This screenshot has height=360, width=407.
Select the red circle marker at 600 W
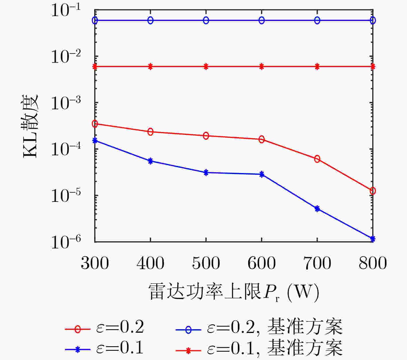pyautogui.click(x=262, y=139)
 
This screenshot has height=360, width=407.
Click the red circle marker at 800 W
pyautogui.click(x=373, y=191)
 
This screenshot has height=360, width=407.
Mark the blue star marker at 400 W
pyautogui.click(x=150, y=161)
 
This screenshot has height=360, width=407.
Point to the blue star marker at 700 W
pyautogui.click(x=317, y=209)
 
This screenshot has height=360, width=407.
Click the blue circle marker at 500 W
pyautogui.click(x=206, y=20)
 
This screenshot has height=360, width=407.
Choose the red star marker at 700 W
pyautogui.click(x=317, y=67)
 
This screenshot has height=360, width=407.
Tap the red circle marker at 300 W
pyautogui.click(x=95, y=124)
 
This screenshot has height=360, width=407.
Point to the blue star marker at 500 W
pyautogui.click(x=206, y=173)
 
